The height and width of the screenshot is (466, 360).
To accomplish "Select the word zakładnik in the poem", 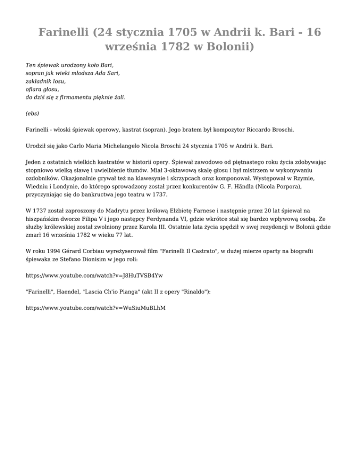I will (x=39, y=81).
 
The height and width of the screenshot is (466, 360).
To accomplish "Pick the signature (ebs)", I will (x=32, y=113).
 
